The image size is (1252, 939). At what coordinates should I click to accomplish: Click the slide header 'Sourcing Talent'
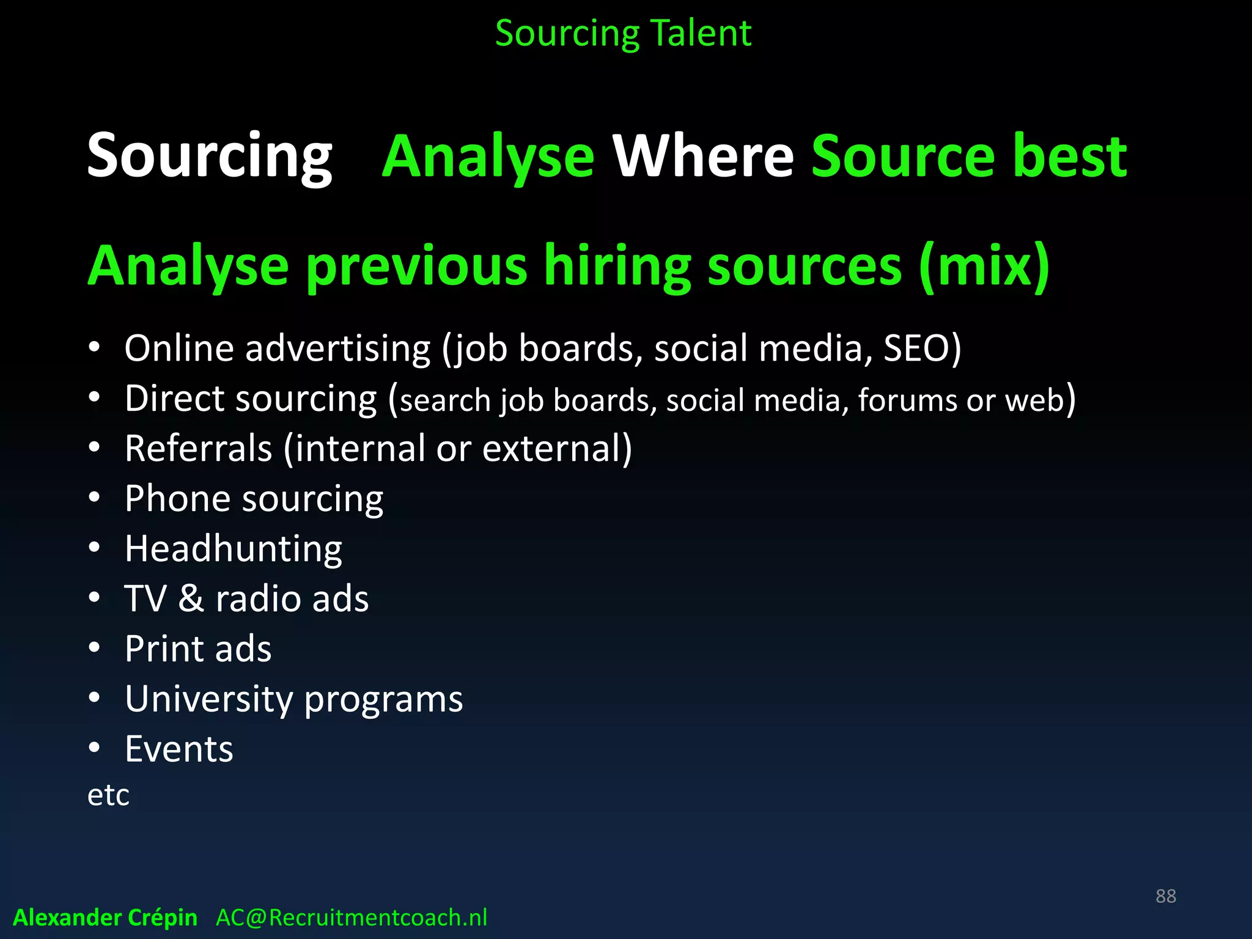(x=623, y=34)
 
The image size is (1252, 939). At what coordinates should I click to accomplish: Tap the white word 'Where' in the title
(x=703, y=156)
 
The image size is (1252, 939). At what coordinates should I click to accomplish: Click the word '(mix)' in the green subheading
(x=984, y=267)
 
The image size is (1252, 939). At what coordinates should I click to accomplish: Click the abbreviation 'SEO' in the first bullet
(x=916, y=348)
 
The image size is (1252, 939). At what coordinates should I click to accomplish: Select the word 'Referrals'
(x=198, y=448)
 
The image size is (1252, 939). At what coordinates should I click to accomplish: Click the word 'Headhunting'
(x=233, y=549)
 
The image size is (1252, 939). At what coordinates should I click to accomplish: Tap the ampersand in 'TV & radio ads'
(x=191, y=598)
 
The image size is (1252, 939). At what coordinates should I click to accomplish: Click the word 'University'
(x=208, y=699)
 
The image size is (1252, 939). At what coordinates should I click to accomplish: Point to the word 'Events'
(x=179, y=749)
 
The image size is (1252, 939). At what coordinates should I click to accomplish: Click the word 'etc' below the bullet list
(x=108, y=795)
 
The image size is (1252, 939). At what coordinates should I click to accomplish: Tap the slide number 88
(x=1165, y=896)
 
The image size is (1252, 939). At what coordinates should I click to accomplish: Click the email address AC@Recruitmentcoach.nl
(x=352, y=918)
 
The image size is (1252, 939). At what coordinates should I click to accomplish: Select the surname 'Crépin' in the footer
(x=161, y=918)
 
